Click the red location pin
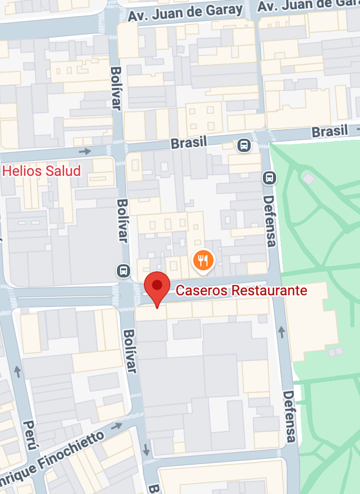pyautogui.click(x=157, y=288)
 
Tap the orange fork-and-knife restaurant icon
pyautogui.click(x=203, y=261)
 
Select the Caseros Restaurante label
pyautogui.click(x=242, y=291)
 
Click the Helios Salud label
pyautogui.click(x=42, y=170)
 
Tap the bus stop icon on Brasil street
pyautogui.click(x=245, y=145)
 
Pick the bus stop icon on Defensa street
pyautogui.click(x=269, y=178)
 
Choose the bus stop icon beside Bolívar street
pyautogui.click(x=123, y=270)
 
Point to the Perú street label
pyautogui.click(x=30, y=435)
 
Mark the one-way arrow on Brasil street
pyautogui.click(x=85, y=151)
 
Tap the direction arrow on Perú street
pyautogui.click(x=18, y=372)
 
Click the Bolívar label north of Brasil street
pyautogui.click(x=116, y=88)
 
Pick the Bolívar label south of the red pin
pyautogui.click(x=130, y=351)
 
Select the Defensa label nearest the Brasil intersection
pyautogui.click(x=269, y=222)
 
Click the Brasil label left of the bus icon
pyautogui.click(x=189, y=142)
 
